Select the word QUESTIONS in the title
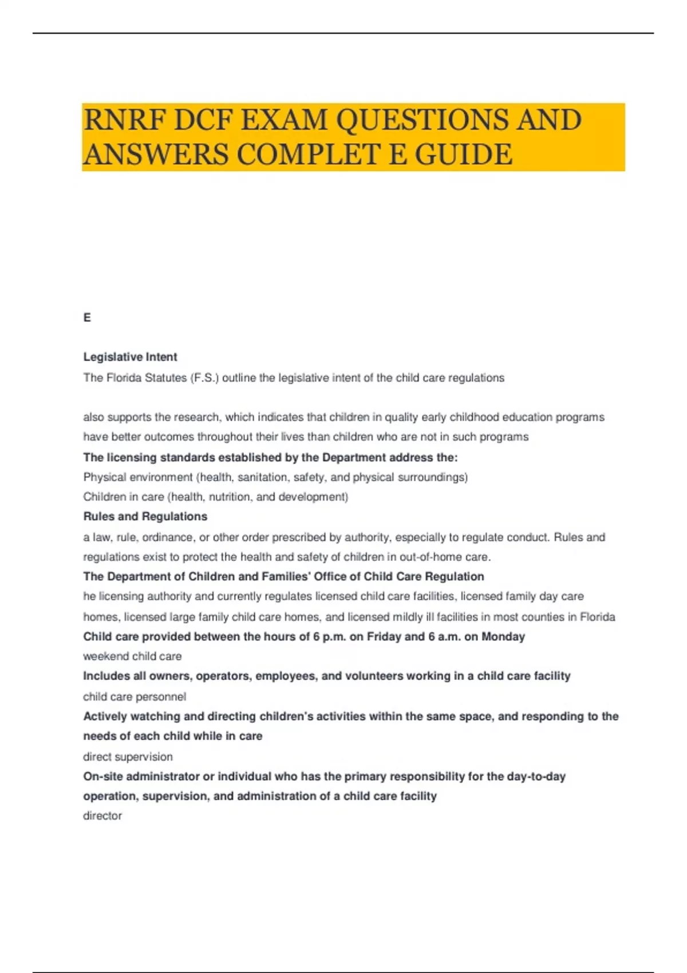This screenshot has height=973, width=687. coord(423,120)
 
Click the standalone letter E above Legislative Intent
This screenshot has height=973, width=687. coord(87,318)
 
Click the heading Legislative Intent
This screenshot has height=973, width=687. coord(130,357)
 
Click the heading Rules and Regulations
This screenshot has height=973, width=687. coord(145,516)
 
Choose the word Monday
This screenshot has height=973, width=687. coord(503,636)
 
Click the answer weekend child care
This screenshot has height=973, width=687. coord(132,656)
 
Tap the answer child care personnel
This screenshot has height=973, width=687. coord(135,697)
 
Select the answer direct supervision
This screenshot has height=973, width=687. coord(128,757)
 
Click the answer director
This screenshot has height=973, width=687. coord(102,816)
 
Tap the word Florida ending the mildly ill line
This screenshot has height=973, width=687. coord(597,617)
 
